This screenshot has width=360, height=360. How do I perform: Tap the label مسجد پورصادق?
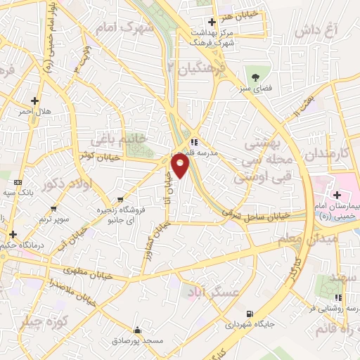coord(136,340)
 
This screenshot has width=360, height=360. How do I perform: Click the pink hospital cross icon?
coord(337,194)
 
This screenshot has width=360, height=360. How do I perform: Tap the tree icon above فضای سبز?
coord(255,78)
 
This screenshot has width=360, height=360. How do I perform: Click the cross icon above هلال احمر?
coord(34,101)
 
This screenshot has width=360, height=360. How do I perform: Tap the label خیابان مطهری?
coord(82,270)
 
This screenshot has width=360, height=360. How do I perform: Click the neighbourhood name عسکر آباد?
coord(212,291)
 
